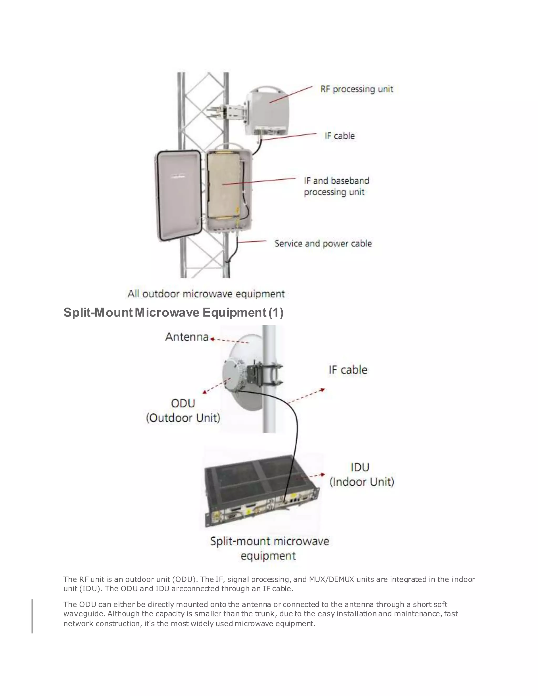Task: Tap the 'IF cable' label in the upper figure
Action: point(339,136)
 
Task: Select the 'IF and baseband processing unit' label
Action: point(336,186)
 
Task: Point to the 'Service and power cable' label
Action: point(323,244)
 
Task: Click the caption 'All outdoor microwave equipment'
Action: point(206,294)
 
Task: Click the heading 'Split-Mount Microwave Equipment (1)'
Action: point(173,313)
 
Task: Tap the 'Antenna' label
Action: point(187,337)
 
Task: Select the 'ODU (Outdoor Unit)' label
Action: point(183,411)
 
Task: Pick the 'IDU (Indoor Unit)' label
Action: point(361,475)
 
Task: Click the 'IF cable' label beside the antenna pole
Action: point(348,370)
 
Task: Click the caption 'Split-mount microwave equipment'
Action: point(269,548)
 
